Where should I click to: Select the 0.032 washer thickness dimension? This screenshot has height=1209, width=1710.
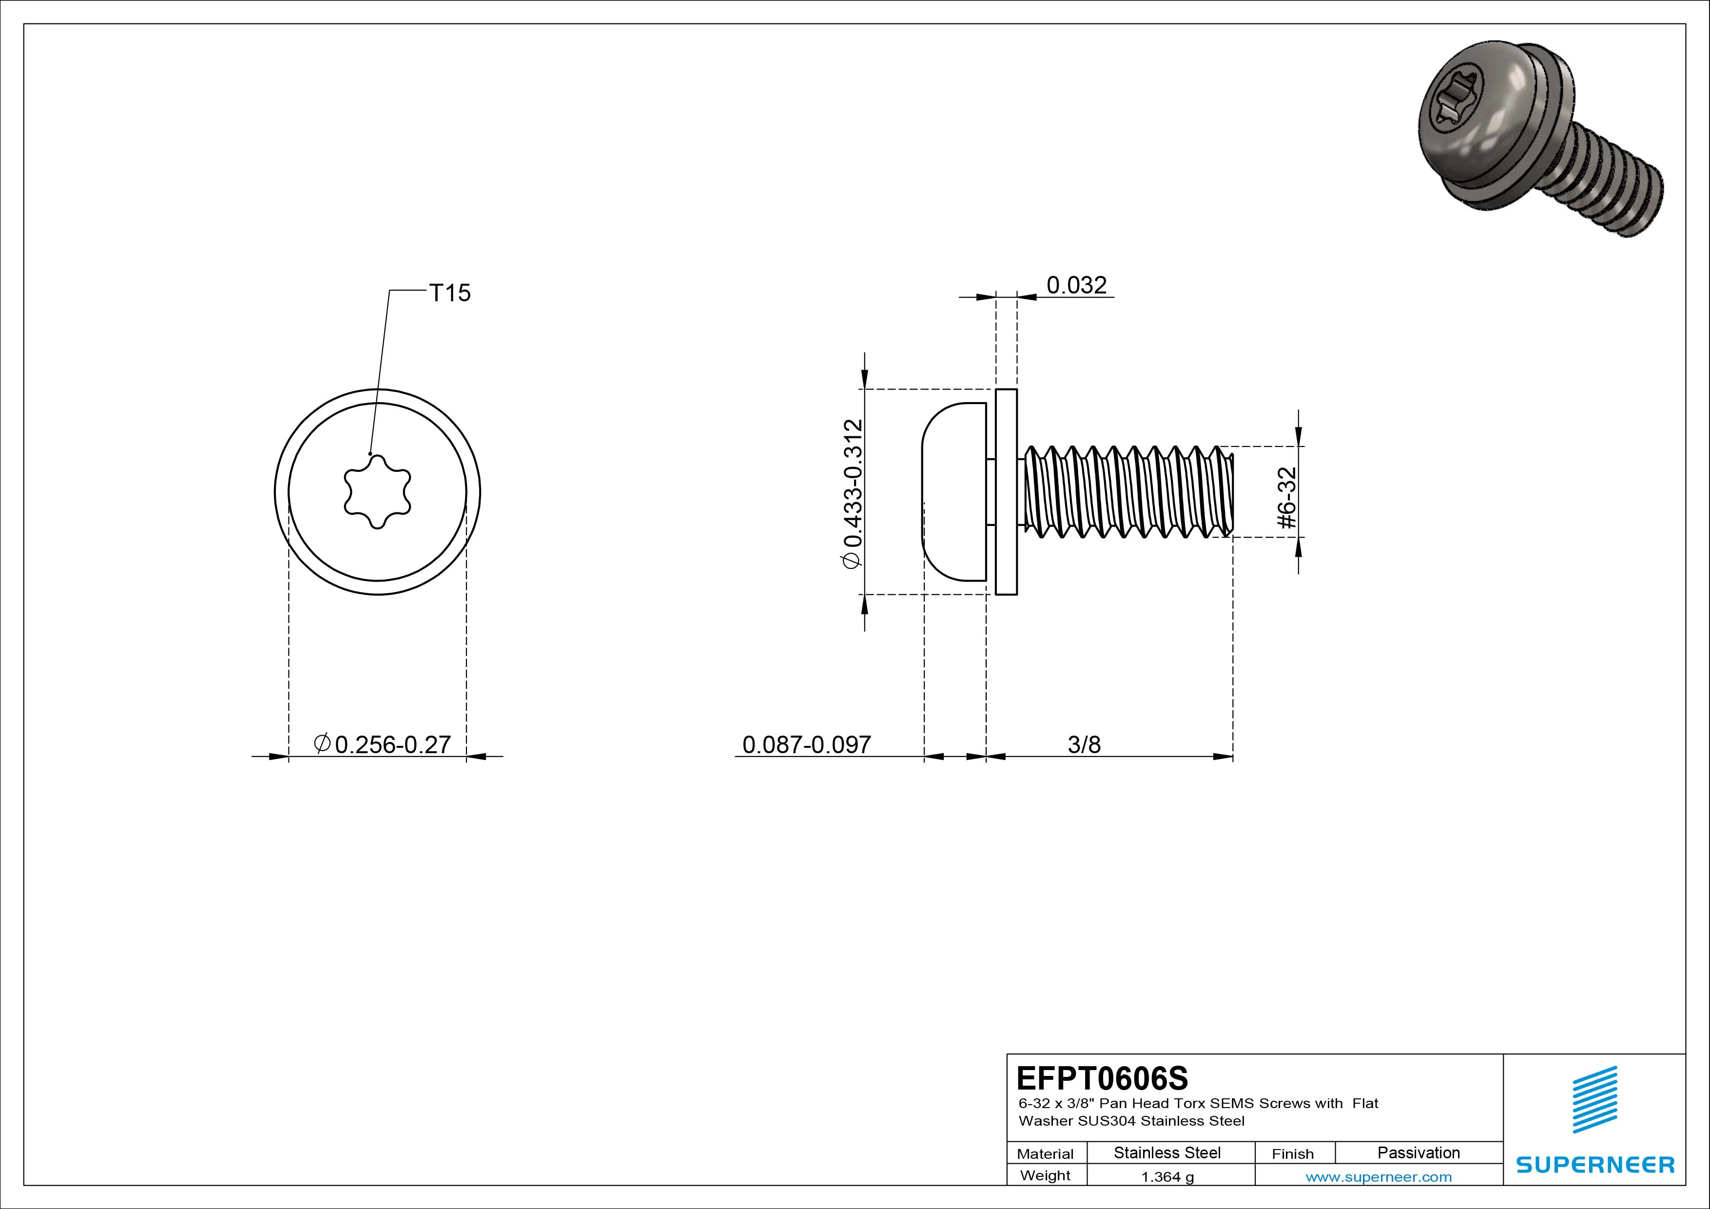(1076, 285)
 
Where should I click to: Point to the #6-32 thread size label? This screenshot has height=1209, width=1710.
(1286, 498)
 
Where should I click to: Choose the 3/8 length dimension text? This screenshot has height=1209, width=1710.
(1084, 744)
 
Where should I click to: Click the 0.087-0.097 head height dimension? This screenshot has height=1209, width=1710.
(807, 744)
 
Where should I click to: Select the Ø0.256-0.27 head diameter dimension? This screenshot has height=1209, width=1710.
(384, 744)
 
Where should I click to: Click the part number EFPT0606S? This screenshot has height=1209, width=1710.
(1102, 1078)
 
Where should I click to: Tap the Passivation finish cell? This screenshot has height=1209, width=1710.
(1418, 1152)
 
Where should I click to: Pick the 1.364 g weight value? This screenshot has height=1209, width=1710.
(1167, 1177)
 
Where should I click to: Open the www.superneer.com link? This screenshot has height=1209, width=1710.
(1379, 1177)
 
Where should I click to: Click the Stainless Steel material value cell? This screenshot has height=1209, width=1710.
(1167, 1152)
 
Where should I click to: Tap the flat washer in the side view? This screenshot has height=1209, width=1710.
(1006, 492)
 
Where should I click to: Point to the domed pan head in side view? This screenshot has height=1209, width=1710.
(955, 492)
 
